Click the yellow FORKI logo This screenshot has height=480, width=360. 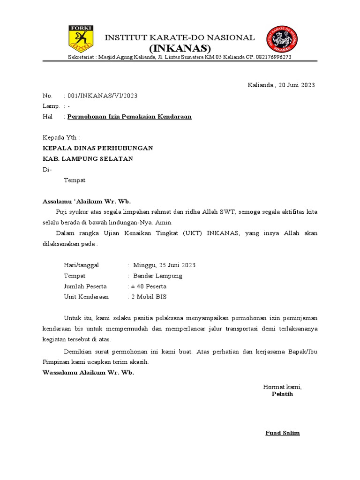(x=81, y=39)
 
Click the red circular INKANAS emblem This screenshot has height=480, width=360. (x=282, y=39)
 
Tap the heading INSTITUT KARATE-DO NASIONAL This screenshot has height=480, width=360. (x=179, y=37)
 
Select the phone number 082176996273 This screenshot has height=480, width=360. (x=274, y=57)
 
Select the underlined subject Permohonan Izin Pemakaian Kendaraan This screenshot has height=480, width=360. (x=129, y=117)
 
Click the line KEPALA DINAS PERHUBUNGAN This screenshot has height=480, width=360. (x=97, y=148)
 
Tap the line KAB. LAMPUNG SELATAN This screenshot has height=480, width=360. (x=88, y=159)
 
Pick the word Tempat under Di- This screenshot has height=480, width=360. (x=74, y=180)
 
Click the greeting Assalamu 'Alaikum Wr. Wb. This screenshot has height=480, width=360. (x=87, y=202)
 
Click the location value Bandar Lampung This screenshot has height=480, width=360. (x=157, y=276)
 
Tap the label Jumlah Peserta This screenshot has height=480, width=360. (x=85, y=286)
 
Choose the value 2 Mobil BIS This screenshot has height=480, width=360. (x=149, y=297)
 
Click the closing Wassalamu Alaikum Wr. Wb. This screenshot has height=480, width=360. (x=88, y=372)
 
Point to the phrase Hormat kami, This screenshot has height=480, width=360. (x=282, y=387)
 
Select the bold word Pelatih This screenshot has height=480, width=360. (x=282, y=394)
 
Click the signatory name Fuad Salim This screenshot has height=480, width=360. (x=282, y=433)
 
